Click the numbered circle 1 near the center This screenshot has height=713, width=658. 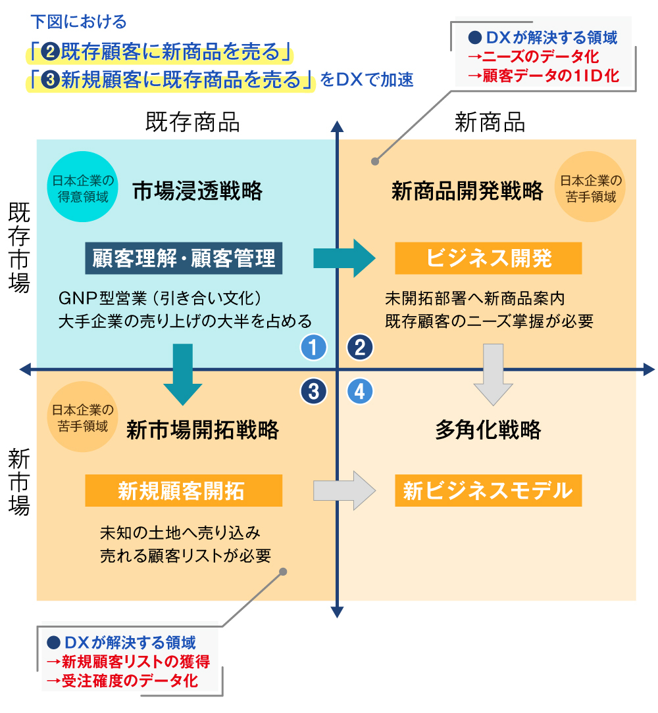point(313,347)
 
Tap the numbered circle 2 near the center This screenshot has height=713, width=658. point(360,347)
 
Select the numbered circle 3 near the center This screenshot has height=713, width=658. point(313,392)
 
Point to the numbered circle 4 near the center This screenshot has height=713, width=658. point(360,392)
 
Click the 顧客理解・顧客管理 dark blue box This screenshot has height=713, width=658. point(184,258)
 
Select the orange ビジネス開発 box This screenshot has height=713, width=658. point(488,258)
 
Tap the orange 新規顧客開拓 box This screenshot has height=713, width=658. point(184,491)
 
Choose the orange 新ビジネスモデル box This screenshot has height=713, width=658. point(488,491)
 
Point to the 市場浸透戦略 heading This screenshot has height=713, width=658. point(197,191)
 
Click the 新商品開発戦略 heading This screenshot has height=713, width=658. point(468,191)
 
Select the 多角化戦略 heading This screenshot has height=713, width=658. point(488,430)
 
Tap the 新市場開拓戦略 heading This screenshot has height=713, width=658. point(203,430)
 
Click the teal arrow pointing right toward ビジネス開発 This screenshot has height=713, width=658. point(343,258)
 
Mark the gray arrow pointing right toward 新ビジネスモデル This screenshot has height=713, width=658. point(343,490)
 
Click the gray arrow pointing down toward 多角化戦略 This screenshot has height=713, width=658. point(493,373)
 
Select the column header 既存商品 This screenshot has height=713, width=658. point(192,122)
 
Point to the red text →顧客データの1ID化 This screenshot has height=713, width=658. point(543,76)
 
